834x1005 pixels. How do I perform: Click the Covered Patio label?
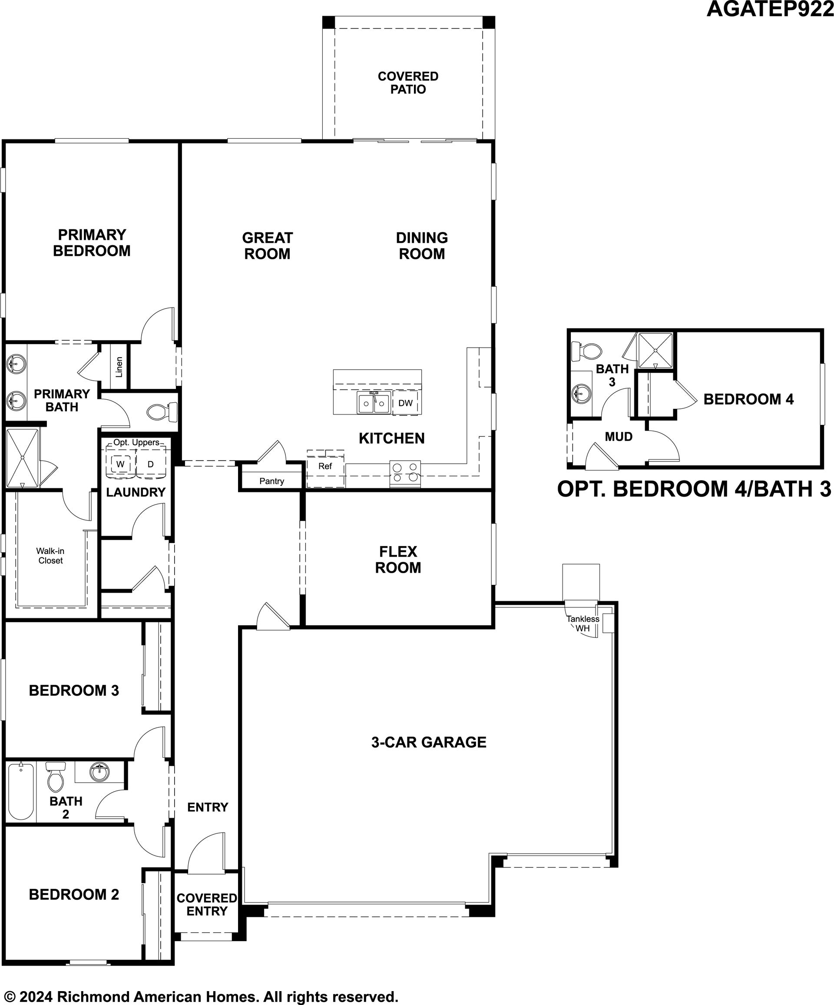pyautogui.click(x=408, y=83)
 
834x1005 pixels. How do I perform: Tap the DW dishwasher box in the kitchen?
pyautogui.click(x=405, y=403)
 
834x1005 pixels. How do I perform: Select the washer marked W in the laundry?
pyautogui.click(x=120, y=464)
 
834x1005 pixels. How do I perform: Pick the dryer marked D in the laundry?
pyautogui.click(x=150, y=464)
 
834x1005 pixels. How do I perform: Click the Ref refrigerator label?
pyautogui.click(x=325, y=466)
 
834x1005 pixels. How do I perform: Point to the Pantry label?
pyautogui.click(x=272, y=481)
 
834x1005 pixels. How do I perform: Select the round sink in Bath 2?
pyautogui.click(x=99, y=772)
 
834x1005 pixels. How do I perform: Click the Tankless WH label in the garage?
pyautogui.click(x=583, y=624)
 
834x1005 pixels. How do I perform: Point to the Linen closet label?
pyautogui.click(x=119, y=367)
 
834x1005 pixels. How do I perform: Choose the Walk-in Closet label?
pyautogui.click(x=50, y=556)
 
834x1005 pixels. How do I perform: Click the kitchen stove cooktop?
pyautogui.click(x=405, y=473)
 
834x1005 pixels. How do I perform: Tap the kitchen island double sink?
pyautogui.click(x=374, y=403)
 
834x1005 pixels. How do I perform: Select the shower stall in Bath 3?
pyautogui.click(x=655, y=351)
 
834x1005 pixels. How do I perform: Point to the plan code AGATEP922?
pyautogui.click(x=770, y=9)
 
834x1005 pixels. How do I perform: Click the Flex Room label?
pyautogui.click(x=398, y=560)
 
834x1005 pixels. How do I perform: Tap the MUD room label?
pyautogui.click(x=619, y=437)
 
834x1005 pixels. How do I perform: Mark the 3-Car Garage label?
pyautogui.click(x=429, y=742)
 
